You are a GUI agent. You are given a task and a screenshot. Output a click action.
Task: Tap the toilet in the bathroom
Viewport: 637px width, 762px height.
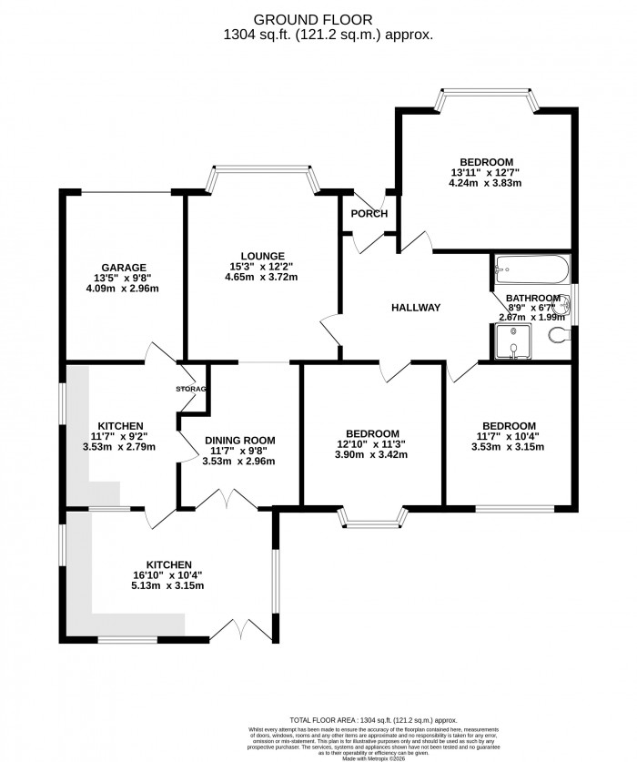point(559,337)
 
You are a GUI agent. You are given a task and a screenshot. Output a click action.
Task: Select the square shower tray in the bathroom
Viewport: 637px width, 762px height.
point(511,340)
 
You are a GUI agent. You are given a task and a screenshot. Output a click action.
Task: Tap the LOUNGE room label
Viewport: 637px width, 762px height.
point(263,256)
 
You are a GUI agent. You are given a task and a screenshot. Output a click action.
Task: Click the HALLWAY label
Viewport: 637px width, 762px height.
point(416,308)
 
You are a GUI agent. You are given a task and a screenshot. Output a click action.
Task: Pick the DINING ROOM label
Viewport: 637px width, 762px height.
point(239,440)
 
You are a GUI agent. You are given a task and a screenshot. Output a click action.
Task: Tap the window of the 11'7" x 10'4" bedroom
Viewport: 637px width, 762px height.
point(510,506)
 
